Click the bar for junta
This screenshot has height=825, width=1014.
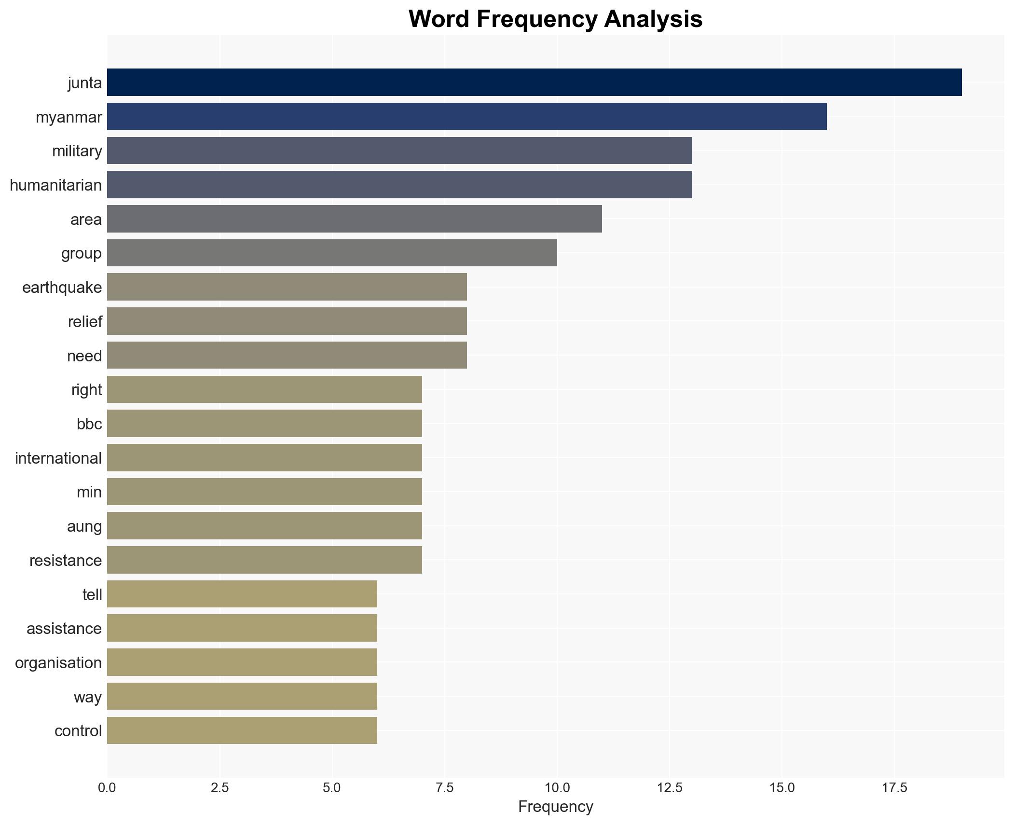point(534,82)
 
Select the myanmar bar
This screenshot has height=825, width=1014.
point(466,116)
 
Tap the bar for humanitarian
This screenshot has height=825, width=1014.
point(399,185)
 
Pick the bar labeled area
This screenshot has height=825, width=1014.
point(354,219)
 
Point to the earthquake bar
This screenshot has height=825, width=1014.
point(287,287)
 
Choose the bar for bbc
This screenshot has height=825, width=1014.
point(264,424)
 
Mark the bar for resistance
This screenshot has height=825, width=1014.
point(264,560)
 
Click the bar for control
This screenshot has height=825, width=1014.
point(242,730)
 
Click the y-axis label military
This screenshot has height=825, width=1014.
point(77,151)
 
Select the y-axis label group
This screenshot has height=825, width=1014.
point(81,253)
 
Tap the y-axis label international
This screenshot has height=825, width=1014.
point(58,458)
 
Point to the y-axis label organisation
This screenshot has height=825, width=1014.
point(58,663)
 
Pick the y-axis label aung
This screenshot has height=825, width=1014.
point(84,526)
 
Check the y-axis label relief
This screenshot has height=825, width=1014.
point(85,322)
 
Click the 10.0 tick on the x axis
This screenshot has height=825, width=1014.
point(557,788)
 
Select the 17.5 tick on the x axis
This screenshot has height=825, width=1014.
point(894,788)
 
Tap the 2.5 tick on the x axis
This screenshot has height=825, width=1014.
point(219,788)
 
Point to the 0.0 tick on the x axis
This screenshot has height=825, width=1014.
point(107,788)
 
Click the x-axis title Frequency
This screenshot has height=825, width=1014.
point(555,807)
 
